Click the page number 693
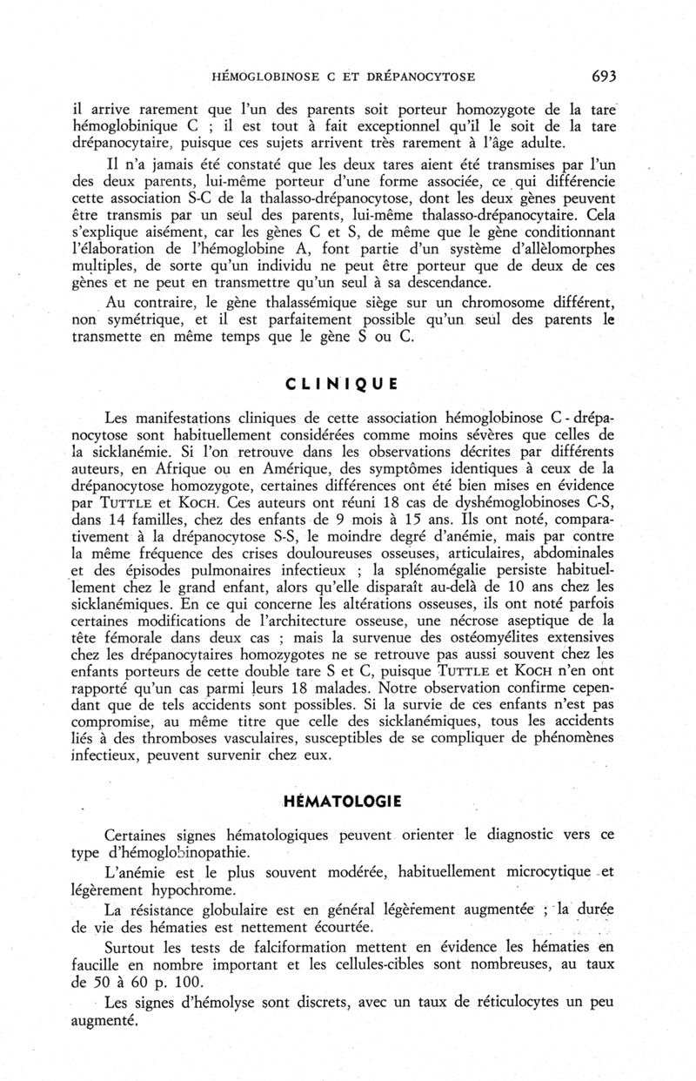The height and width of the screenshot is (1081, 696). [x=604, y=76]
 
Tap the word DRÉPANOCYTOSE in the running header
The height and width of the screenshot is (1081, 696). [x=418, y=77]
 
